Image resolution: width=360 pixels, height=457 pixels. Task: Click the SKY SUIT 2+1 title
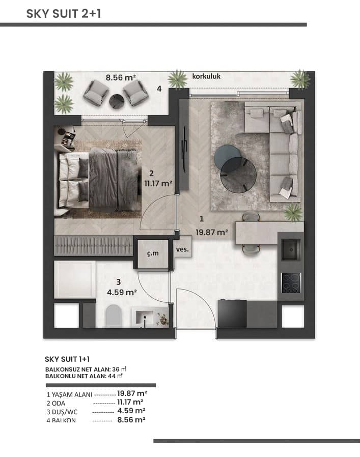click(64, 14)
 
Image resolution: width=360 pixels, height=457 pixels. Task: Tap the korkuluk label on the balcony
click(206, 76)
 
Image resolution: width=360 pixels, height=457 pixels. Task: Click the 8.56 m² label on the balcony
click(121, 77)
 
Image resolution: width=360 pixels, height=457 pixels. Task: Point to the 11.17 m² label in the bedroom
click(158, 184)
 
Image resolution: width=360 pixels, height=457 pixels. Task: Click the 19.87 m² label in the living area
click(212, 232)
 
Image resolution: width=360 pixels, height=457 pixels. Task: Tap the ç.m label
click(153, 253)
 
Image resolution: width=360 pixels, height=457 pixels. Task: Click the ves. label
click(182, 249)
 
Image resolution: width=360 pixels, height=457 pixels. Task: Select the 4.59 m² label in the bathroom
click(122, 292)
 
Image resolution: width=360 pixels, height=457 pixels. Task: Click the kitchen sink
click(291, 249)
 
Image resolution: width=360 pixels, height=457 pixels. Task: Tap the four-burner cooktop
click(291, 283)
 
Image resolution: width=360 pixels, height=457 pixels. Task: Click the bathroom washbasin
click(145, 317)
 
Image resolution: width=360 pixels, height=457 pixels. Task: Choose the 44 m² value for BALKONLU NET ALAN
click(115, 376)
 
